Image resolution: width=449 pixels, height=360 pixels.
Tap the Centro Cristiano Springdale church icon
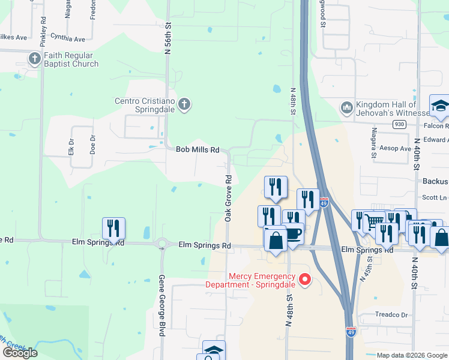click(184, 105)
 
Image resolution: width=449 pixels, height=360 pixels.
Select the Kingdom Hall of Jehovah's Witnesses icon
click(346, 108)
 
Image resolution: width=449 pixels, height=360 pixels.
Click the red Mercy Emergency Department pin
click(305, 279)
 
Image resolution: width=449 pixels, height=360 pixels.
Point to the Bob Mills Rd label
click(197, 149)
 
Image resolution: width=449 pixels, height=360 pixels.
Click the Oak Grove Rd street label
click(228, 199)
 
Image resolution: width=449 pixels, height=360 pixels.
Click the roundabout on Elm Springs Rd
click(161, 244)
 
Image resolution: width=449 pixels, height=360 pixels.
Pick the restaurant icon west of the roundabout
click(113, 229)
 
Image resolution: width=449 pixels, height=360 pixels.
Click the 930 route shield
click(400, 124)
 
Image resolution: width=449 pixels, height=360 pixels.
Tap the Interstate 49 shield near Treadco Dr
click(351, 330)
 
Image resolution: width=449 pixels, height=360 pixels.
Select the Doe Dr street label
click(93, 145)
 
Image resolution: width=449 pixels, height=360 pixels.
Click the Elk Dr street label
click(71, 147)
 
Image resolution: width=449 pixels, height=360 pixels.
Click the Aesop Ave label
click(396, 148)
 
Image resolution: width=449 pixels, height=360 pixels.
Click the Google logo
click(20, 352)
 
